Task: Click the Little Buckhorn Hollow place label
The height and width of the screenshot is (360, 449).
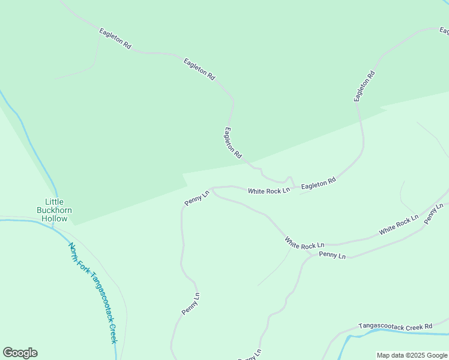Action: pyautogui.click(x=54, y=211)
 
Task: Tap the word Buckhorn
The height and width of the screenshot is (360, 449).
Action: pyautogui.click(x=54, y=211)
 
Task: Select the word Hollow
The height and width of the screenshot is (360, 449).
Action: pyautogui.click(x=54, y=219)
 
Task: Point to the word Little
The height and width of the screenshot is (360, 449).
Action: pyautogui.click(x=54, y=202)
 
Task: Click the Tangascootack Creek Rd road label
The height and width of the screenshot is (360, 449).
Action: pyautogui.click(x=395, y=326)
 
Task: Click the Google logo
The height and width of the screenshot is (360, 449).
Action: pyautogui.click(x=20, y=353)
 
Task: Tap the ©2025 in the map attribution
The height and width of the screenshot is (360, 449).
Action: pyautogui.click(x=417, y=355)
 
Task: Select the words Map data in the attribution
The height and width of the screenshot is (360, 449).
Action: pyautogui.click(x=391, y=355)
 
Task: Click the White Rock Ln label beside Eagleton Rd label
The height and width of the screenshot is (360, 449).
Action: pyautogui.click(x=269, y=191)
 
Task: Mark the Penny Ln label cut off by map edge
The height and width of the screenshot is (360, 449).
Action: pyautogui.click(x=250, y=355)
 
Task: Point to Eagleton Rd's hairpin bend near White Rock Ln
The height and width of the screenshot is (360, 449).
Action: pyautogui.click(x=289, y=178)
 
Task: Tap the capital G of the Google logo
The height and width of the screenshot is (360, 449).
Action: pyautogui.click(x=8, y=353)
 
